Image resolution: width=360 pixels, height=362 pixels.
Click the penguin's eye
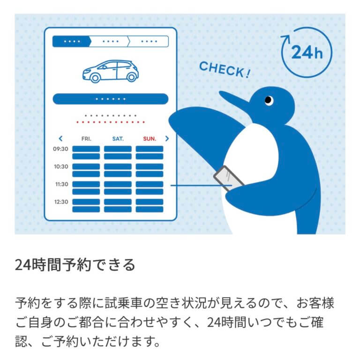click(269, 100)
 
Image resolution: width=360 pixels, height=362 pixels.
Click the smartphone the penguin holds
click(228, 178)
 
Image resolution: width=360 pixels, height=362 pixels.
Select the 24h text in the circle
click(307, 52)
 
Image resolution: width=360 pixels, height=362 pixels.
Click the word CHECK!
click(225, 69)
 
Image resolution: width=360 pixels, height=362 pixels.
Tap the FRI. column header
click(86, 139)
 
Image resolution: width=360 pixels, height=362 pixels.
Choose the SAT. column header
click(118, 139)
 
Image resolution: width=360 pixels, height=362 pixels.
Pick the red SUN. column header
click(150, 139)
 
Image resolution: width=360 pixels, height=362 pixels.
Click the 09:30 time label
click(60, 149)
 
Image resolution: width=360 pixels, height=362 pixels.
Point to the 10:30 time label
click(61, 166)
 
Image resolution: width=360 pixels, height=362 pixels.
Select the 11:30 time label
click(61, 184)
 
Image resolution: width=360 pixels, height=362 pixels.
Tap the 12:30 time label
click(61, 202)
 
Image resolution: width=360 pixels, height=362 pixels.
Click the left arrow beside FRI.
click(60, 138)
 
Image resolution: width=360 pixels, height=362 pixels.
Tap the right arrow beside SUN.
click(167, 138)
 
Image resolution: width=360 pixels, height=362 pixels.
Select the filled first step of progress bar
click(72, 42)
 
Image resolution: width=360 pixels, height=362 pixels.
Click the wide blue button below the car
click(111, 99)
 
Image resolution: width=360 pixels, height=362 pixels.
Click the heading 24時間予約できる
click(75, 264)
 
